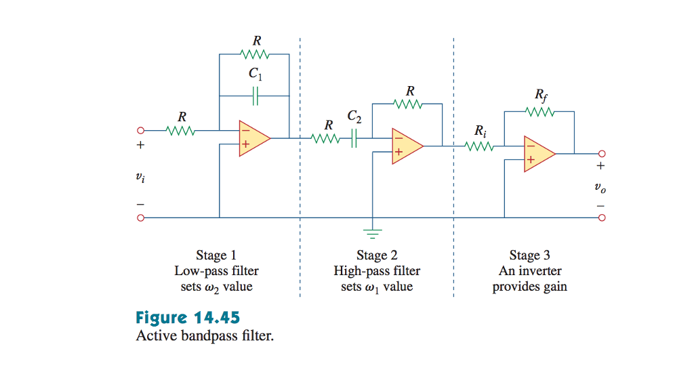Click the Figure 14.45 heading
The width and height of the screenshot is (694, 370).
tap(188, 317)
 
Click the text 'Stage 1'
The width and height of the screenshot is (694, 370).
tap(216, 255)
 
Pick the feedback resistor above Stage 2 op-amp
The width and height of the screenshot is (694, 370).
tap(408, 104)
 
